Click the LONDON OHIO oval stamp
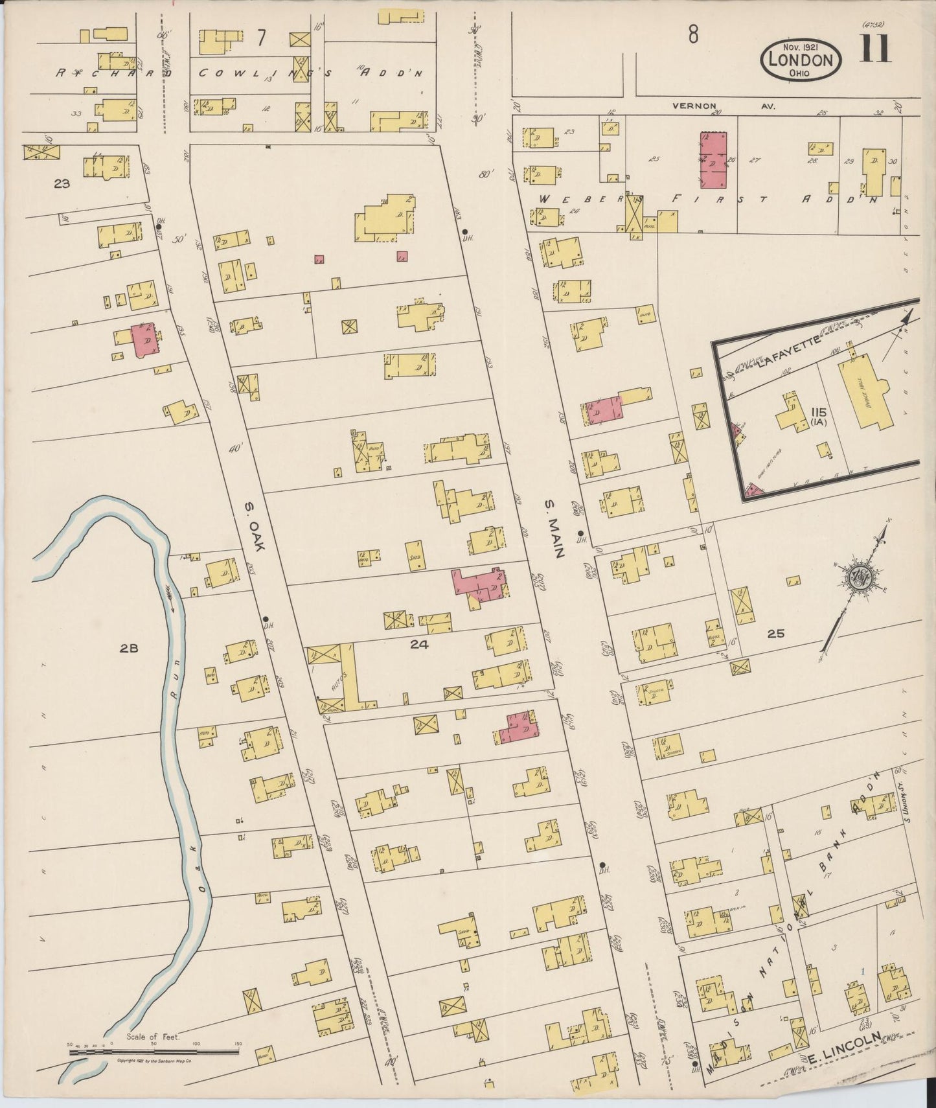pyautogui.click(x=801, y=60)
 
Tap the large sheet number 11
pyautogui.click(x=875, y=49)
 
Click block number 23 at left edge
pyautogui.click(x=62, y=183)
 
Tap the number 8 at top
pyautogui.click(x=692, y=36)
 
